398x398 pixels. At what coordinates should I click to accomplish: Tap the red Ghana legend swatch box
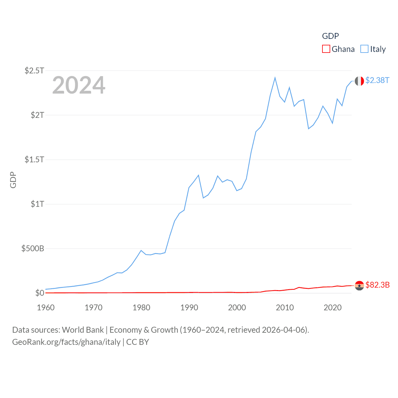(x=326, y=49)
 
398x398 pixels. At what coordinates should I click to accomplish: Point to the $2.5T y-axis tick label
(x=34, y=71)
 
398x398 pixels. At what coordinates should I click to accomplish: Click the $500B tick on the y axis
(x=33, y=248)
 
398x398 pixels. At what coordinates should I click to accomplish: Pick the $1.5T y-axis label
(x=34, y=160)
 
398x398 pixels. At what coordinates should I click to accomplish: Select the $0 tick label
(x=39, y=293)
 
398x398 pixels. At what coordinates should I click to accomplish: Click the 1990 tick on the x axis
(x=189, y=308)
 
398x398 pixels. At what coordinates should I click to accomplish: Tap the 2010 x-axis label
(x=285, y=308)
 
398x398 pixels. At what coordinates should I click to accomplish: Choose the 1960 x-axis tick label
(x=46, y=308)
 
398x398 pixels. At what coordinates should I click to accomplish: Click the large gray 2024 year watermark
(x=79, y=85)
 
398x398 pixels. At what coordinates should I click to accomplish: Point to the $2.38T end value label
(x=377, y=80)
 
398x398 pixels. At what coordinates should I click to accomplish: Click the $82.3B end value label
(x=377, y=285)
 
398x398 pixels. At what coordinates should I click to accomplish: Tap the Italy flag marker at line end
(x=359, y=81)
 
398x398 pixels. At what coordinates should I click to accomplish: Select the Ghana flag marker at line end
(x=359, y=285)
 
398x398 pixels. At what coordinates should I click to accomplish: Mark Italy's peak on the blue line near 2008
(x=275, y=78)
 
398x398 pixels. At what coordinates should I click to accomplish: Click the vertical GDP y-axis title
(x=13, y=180)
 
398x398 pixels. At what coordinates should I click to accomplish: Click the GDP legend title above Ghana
(x=330, y=36)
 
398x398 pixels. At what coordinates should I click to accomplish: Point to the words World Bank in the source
(x=83, y=330)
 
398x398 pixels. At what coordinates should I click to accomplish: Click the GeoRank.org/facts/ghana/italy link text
(x=66, y=342)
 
